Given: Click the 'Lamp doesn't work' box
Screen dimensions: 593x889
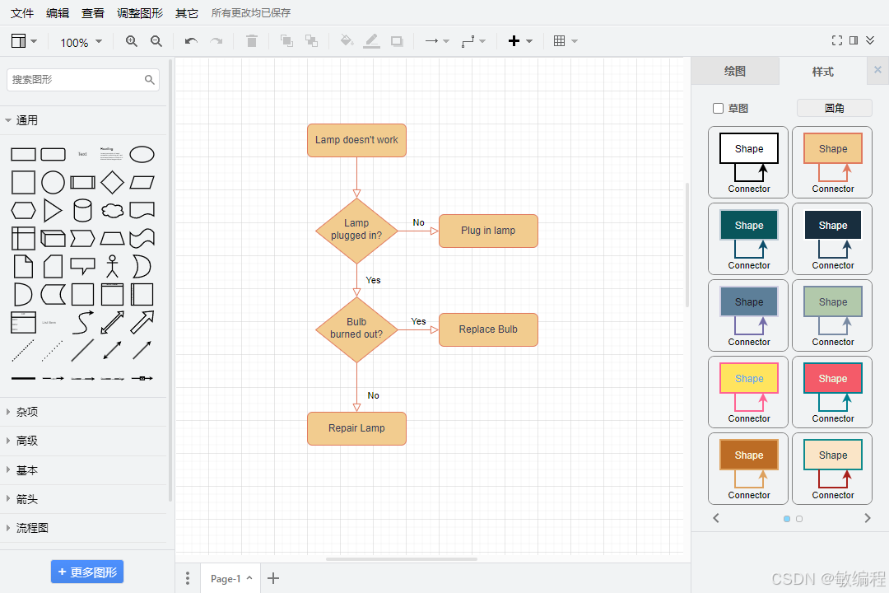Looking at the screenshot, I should point(356,140).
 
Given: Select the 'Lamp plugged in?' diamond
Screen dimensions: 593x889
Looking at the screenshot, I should point(356,230).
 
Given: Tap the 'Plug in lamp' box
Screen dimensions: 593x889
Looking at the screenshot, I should point(488,231).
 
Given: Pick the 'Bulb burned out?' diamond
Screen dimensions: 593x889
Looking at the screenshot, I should point(356,329).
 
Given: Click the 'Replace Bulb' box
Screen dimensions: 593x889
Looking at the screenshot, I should point(488,329).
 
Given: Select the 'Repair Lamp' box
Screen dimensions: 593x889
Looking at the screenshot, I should point(356,428).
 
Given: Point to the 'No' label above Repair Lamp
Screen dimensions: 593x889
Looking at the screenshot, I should point(374,395).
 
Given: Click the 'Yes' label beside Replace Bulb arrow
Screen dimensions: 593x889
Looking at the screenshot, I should point(418,321).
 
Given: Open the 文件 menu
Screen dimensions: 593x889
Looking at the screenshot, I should point(22,13).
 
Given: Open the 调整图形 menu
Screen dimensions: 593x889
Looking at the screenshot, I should point(140,13).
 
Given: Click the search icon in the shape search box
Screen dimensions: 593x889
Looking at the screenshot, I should point(150,80).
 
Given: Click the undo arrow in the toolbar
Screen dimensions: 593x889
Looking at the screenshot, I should point(191,41).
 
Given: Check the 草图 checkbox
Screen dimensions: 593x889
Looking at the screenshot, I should point(718,108).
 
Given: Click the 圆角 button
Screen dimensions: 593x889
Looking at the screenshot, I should point(834,108).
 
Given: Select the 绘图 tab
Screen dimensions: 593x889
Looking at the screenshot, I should point(734,72).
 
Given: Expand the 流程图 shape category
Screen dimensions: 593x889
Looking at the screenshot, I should point(32,528).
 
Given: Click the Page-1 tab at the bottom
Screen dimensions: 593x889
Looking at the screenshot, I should point(226,578).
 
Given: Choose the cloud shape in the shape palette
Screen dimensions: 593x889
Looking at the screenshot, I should point(112,211).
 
